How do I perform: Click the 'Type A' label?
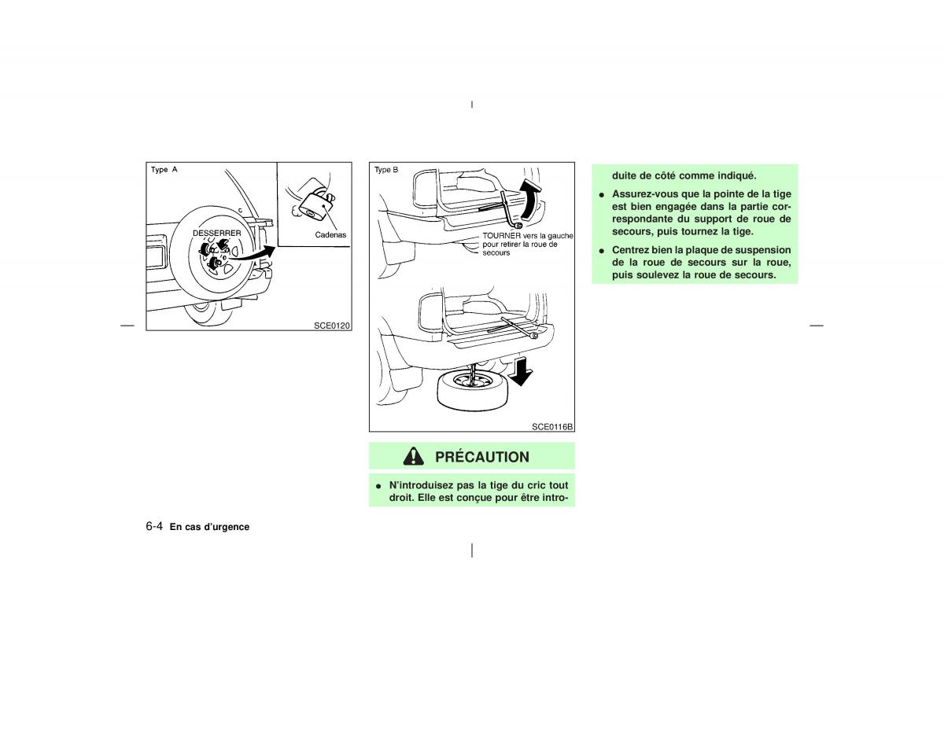click(x=164, y=170)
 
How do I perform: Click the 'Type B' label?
click(x=386, y=170)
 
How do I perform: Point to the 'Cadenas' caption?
click(x=331, y=235)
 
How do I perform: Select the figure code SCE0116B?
click(x=552, y=426)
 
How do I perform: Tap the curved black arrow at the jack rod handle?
click(x=531, y=200)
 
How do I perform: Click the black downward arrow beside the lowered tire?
click(x=520, y=371)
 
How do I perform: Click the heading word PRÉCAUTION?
click(x=481, y=457)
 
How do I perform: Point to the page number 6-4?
click(x=153, y=526)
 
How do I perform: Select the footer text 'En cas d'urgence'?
click(x=209, y=527)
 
